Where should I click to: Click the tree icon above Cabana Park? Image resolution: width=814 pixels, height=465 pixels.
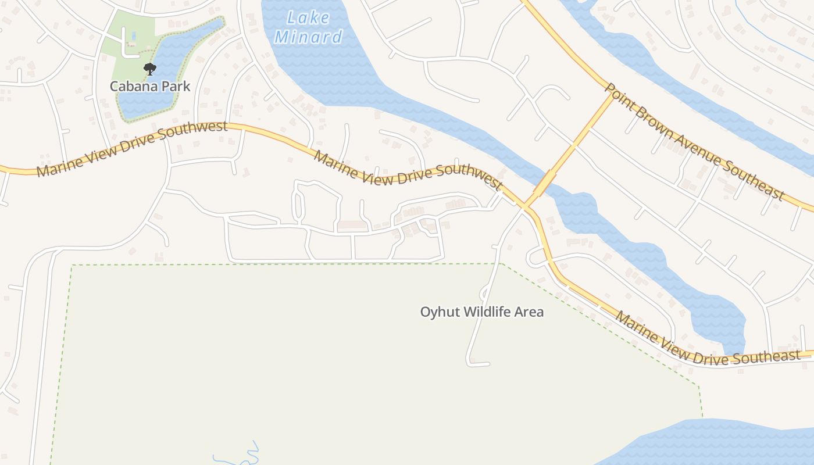150,69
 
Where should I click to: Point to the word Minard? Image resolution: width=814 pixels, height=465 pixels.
308,37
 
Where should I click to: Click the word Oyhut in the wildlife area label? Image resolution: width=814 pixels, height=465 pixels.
437,312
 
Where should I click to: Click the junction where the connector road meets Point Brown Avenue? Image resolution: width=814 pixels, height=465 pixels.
612,96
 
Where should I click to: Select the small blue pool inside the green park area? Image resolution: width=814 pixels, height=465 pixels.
134,36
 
